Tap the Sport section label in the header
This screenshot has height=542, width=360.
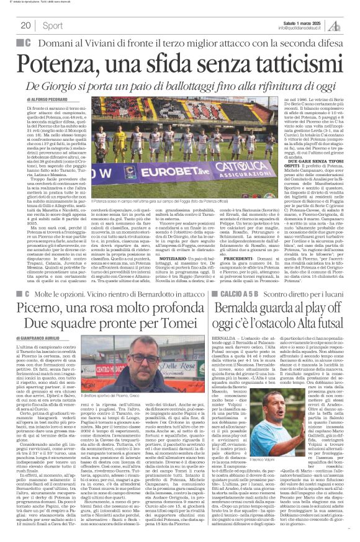coord(52,25)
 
